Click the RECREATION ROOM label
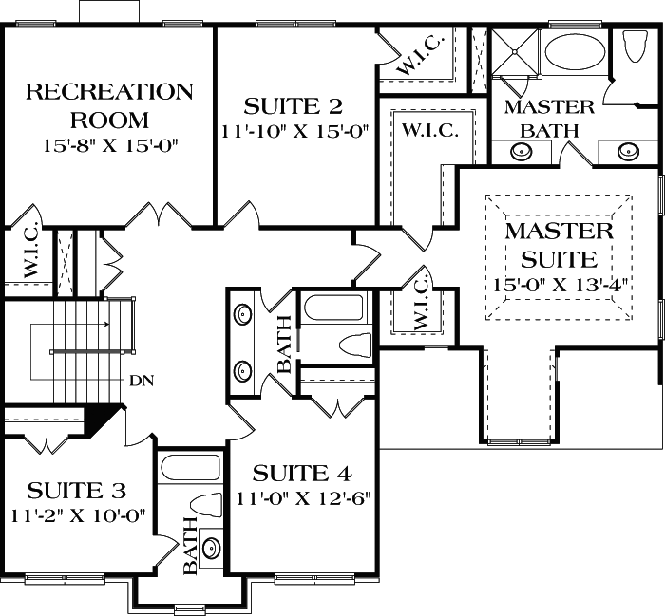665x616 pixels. (x=108, y=105)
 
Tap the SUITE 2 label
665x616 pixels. (x=294, y=104)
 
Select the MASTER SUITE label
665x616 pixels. (x=559, y=244)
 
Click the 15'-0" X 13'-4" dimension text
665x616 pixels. (x=563, y=284)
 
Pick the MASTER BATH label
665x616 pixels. (x=549, y=117)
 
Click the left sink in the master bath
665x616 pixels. (x=520, y=150)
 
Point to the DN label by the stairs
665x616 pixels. (x=142, y=382)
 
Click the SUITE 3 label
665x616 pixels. (x=76, y=491)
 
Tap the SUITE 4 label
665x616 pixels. (x=303, y=473)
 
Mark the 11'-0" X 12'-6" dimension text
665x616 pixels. (x=303, y=496)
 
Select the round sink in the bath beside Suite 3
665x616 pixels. (x=210, y=549)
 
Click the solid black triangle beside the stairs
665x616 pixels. (x=104, y=417)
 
